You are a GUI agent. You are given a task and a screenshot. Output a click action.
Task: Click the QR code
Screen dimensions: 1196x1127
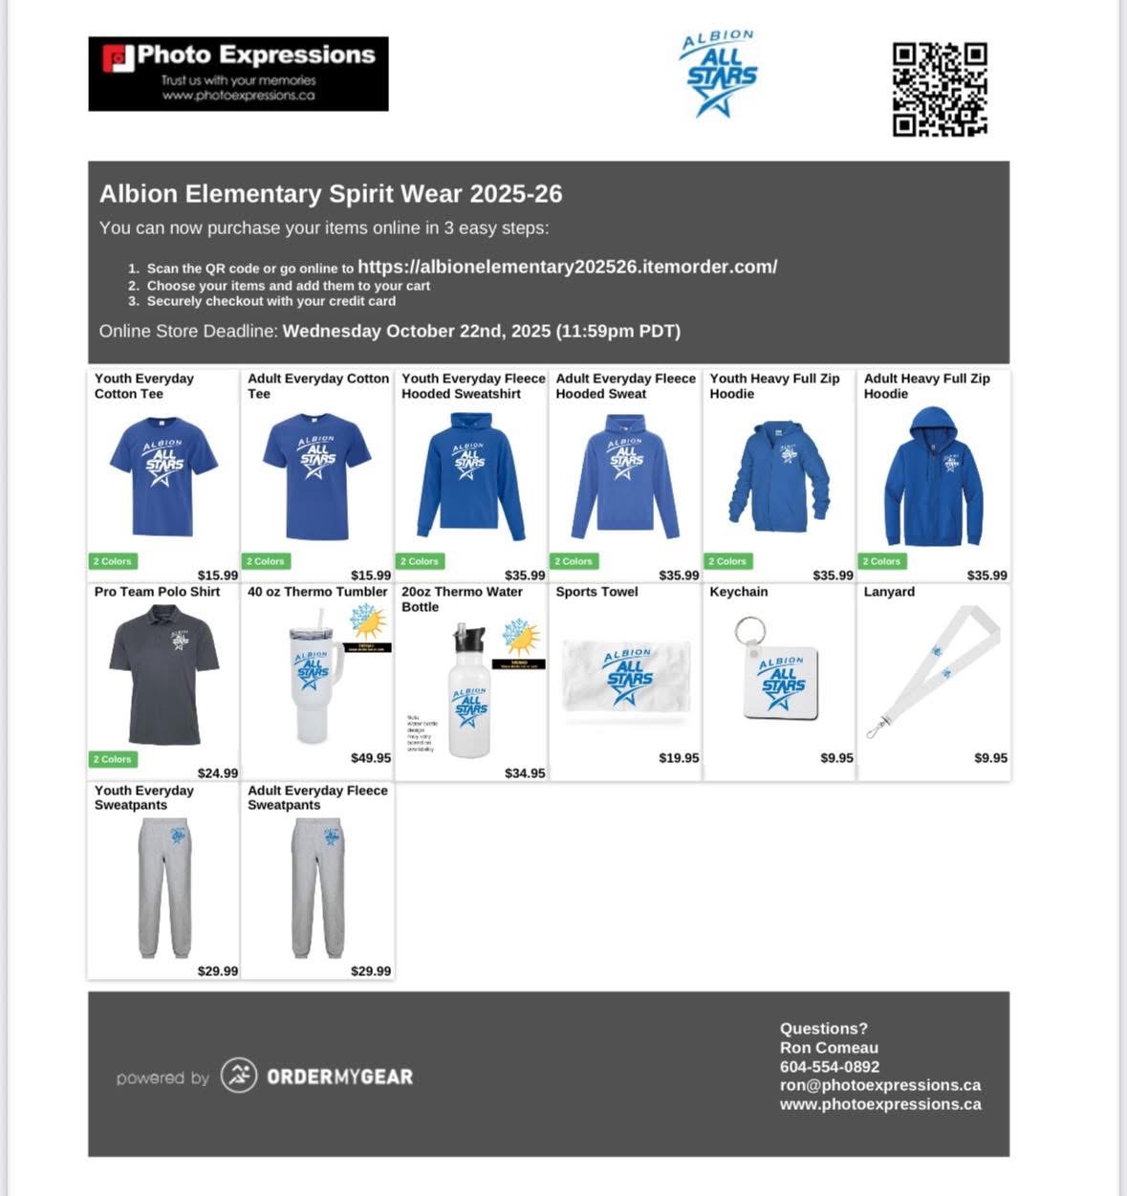pyautogui.click(x=940, y=89)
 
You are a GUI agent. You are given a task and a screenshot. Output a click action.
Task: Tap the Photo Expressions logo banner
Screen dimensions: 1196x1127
pyautogui.click(x=238, y=74)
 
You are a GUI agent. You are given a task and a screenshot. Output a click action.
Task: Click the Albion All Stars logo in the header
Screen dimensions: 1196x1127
pyautogui.click(x=720, y=74)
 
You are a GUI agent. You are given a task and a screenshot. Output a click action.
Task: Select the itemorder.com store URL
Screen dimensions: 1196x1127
pyautogui.click(x=567, y=267)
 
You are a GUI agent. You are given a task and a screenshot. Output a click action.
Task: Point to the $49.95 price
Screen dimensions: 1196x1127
pyautogui.click(x=371, y=758)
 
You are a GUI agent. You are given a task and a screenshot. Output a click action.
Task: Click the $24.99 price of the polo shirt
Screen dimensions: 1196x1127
pyautogui.click(x=218, y=773)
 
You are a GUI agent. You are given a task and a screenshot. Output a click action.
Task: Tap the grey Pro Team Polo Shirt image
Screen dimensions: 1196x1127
pyautogui.click(x=163, y=675)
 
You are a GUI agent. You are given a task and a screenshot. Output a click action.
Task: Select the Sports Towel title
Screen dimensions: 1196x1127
pyautogui.click(x=596, y=592)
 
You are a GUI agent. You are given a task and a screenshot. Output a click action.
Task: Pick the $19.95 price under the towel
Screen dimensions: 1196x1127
pyautogui.click(x=679, y=758)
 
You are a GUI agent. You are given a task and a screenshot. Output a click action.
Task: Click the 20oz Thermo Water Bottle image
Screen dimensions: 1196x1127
pyautogui.click(x=470, y=693)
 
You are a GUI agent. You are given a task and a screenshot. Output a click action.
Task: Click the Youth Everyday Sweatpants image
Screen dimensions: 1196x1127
pyautogui.click(x=164, y=886)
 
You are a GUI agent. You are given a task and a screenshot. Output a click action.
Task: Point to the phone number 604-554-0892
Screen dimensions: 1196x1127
pyautogui.click(x=829, y=1066)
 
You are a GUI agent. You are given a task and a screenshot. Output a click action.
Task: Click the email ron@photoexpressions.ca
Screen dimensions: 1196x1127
pyautogui.click(x=879, y=1085)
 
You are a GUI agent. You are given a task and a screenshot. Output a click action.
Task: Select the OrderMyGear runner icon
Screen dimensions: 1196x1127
pyautogui.click(x=239, y=1076)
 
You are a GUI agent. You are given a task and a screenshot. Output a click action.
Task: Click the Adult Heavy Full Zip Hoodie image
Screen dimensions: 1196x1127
pyautogui.click(x=933, y=477)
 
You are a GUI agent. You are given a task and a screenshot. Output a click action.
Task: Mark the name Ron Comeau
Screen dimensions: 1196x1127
pyautogui.click(x=828, y=1048)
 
